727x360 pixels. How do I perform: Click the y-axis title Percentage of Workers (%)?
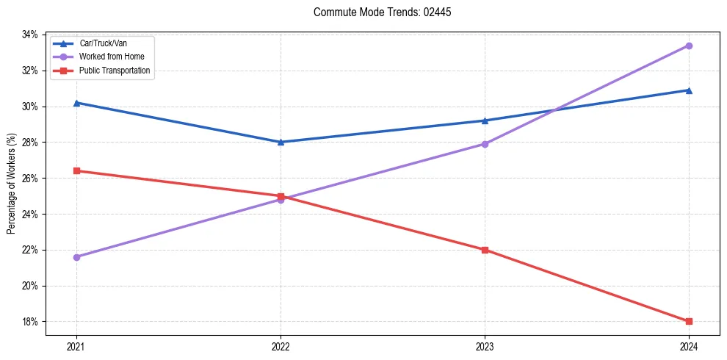pos(12,184)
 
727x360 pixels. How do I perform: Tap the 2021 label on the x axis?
pos(76,347)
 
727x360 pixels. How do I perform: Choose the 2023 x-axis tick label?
pos(485,347)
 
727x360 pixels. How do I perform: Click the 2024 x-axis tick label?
pos(689,347)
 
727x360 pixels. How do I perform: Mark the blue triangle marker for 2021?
pos(76,103)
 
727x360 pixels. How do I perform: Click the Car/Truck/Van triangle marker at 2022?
pos(281,142)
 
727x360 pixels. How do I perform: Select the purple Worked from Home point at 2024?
pos(689,46)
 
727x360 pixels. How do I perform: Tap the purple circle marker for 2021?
pos(76,257)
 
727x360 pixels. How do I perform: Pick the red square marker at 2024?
pos(689,321)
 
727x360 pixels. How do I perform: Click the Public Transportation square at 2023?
pos(485,250)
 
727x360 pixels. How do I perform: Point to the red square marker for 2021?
pos(76,170)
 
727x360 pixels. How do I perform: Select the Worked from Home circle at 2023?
pos(485,144)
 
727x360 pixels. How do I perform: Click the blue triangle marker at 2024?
pos(689,90)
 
